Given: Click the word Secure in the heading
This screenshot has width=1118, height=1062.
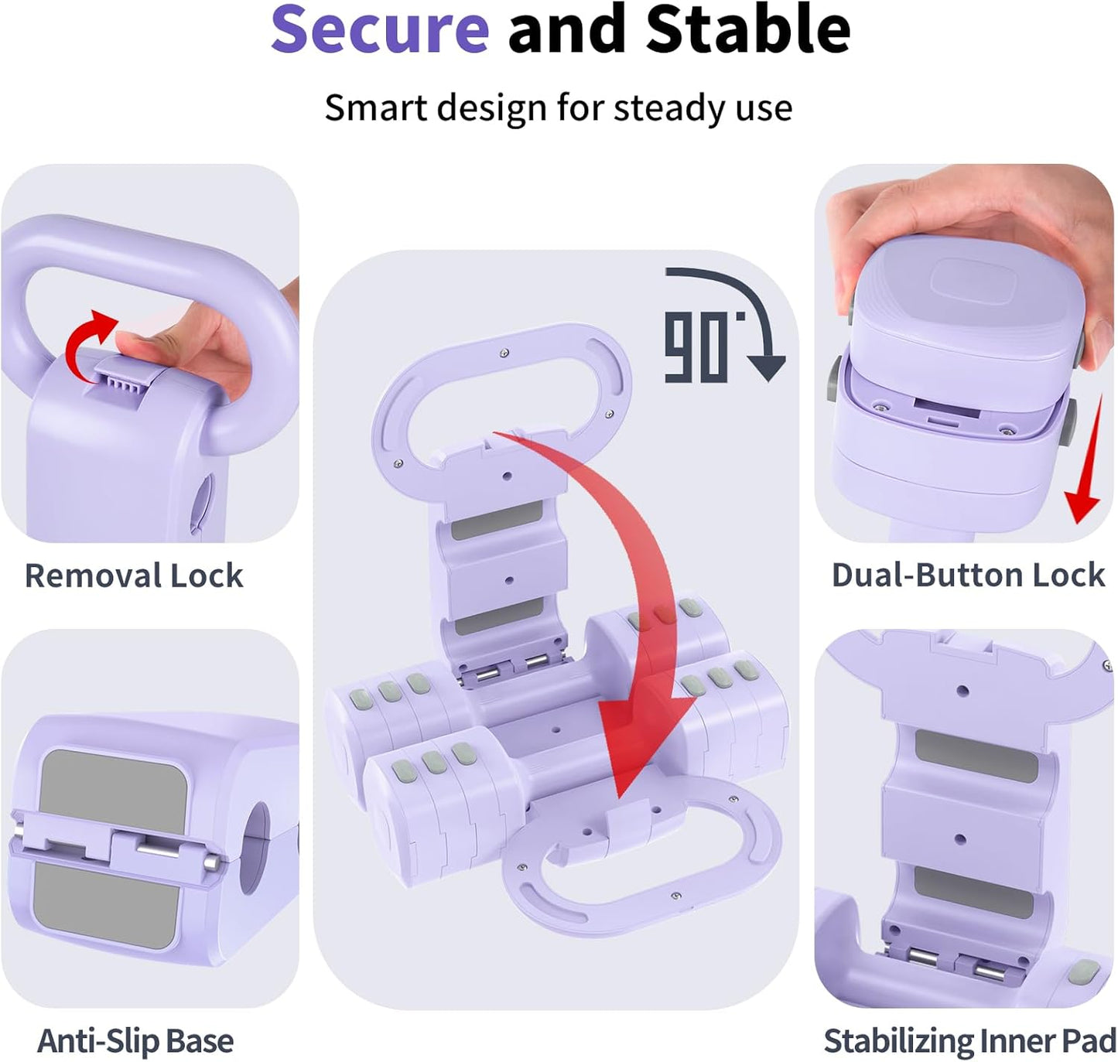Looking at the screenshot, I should [380, 29].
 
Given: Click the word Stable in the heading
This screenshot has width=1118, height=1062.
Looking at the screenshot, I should [747, 29].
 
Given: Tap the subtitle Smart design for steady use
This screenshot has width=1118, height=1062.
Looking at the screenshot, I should [558, 108].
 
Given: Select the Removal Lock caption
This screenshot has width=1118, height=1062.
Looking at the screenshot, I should [134, 576].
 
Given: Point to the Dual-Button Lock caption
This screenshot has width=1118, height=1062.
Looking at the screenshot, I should [968, 575].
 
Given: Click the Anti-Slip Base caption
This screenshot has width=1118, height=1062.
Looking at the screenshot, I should [135, 1041].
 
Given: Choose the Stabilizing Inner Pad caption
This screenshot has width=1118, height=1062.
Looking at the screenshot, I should [969, 1041].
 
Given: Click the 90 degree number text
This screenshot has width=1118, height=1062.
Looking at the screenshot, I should [696, 348].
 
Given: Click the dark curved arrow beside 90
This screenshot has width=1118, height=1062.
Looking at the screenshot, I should [743, 309].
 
